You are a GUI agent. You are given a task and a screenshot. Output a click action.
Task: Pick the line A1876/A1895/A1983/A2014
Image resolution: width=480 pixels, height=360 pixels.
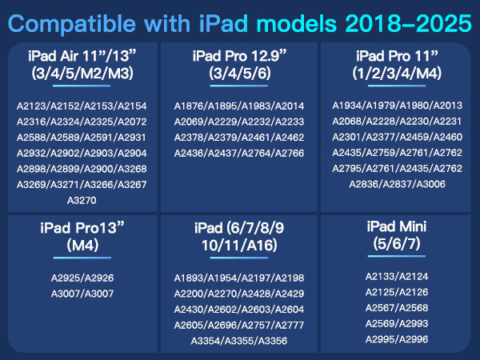click(239, 106)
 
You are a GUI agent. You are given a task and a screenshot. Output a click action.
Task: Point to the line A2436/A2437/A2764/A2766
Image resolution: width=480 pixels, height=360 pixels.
click(239, 152)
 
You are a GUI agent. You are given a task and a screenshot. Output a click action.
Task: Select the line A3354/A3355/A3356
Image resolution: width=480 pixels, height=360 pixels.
click(239, 341)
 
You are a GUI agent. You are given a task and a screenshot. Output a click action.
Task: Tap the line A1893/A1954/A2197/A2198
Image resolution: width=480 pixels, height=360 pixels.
click(239, 278)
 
